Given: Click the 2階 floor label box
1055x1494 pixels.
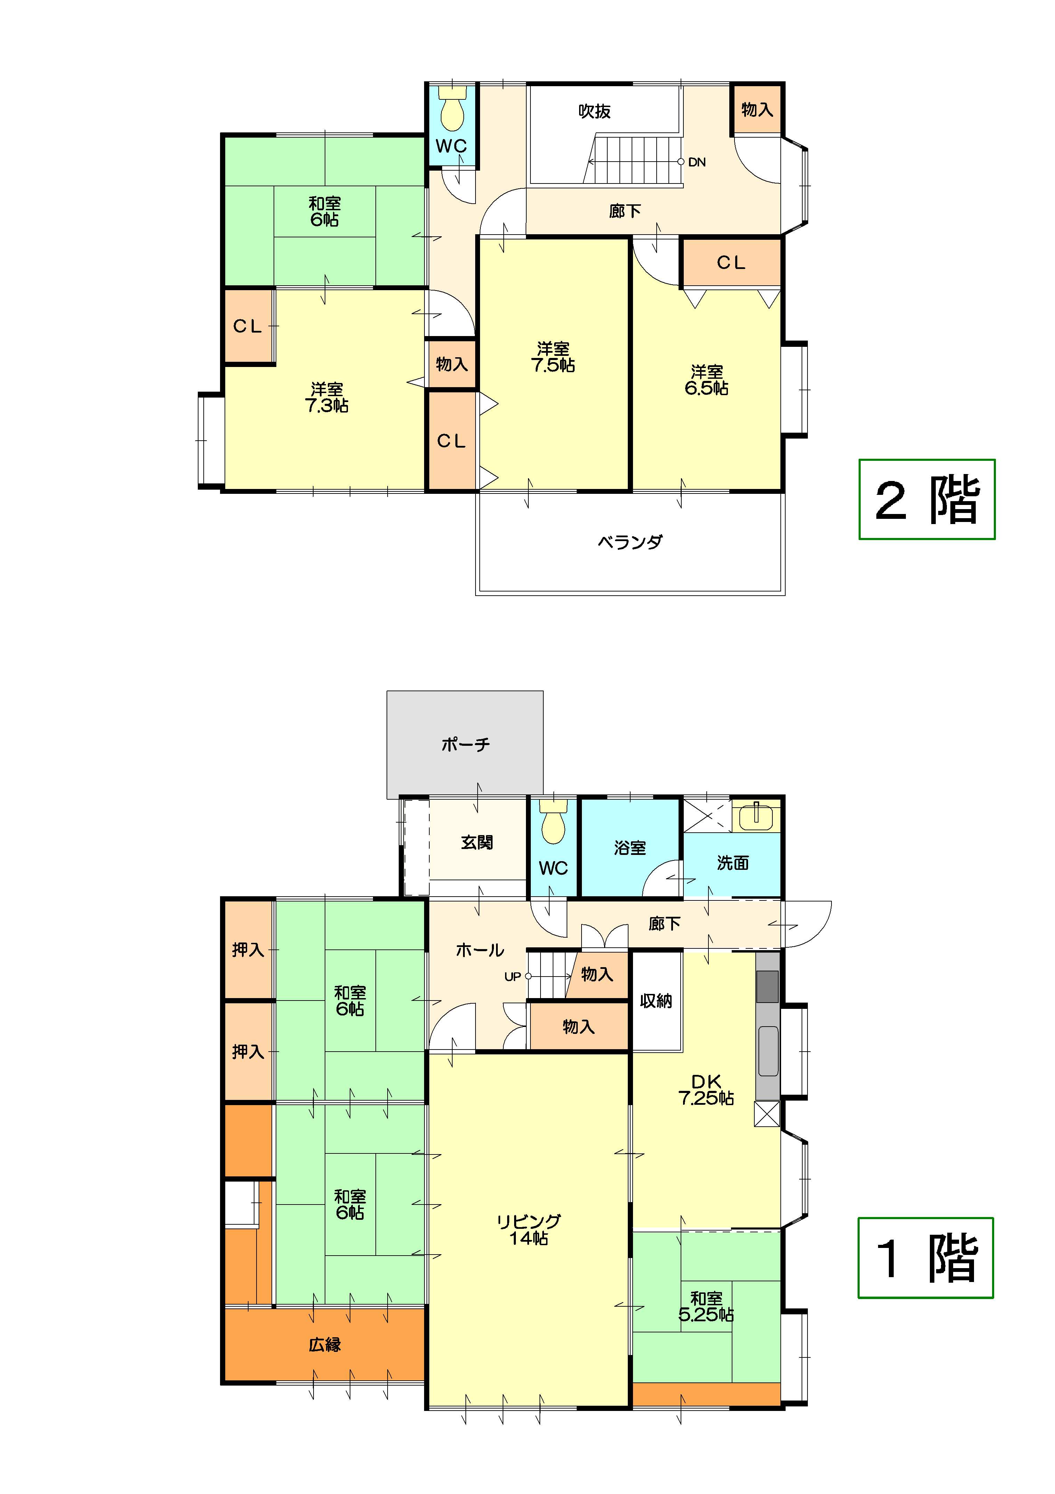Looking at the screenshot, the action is (927, 499).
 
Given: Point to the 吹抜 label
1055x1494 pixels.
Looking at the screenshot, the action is (594, 111).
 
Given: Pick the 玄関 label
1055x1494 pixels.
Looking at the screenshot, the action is (477, 842).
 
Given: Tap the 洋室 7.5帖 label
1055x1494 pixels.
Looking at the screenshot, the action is (553, 357).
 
